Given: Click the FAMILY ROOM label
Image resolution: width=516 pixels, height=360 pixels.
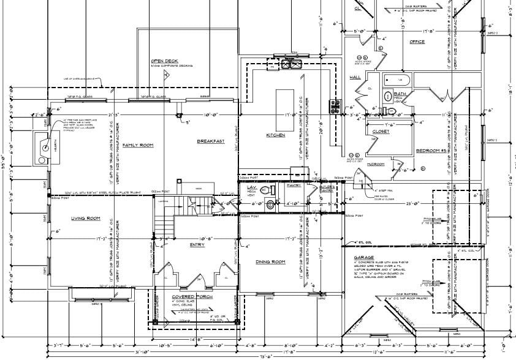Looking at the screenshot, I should click(137, 145).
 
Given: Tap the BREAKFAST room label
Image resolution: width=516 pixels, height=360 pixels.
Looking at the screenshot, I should click(210, 141).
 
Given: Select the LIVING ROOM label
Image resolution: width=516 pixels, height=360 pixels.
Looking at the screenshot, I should click(85, 218).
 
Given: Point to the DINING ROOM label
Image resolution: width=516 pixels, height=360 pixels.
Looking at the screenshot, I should click(270, 261).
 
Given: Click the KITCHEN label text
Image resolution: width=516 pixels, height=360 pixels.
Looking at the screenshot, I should click(275, 135).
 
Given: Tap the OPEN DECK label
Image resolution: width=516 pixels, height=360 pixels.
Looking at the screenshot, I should click(164, 61).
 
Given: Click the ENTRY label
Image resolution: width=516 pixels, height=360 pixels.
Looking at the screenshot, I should click(197, 245).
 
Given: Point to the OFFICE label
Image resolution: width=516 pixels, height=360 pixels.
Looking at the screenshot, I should click(417, 42).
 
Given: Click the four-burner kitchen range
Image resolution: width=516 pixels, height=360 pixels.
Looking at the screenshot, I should click(335, 106).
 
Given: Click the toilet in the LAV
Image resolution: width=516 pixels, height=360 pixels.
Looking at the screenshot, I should click(271, 205).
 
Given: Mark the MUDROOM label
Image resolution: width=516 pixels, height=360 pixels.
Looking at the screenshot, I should click(375, 164).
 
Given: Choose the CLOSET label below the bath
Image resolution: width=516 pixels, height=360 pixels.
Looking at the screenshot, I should click(381, 131).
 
